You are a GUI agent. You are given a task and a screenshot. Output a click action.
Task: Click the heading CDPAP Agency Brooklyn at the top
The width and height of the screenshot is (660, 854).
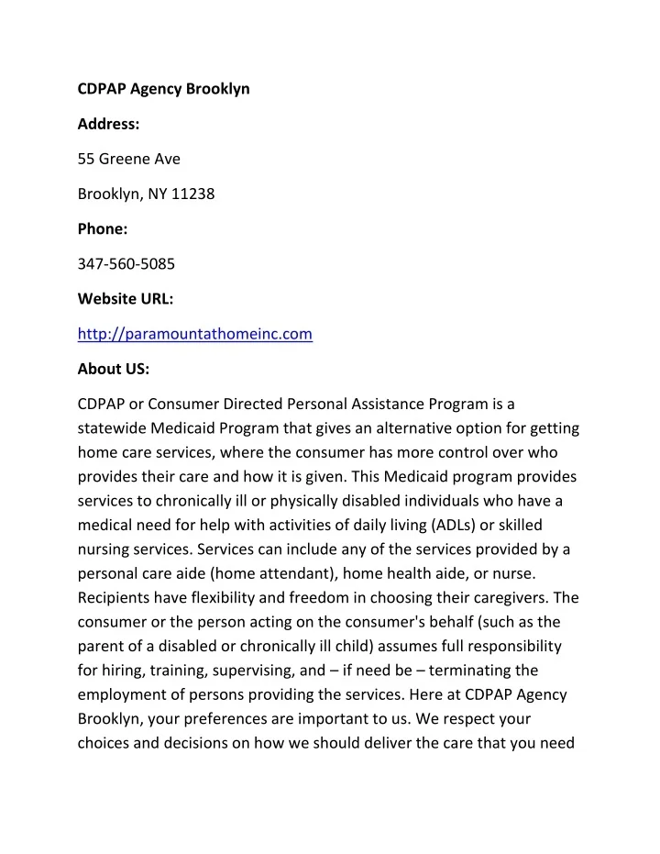click(x=163, y=89)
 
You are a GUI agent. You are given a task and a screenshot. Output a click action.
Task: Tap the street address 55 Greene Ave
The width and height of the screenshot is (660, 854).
click(x=129, y=159)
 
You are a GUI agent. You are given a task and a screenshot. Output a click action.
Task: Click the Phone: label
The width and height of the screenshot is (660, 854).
click(x=103, y=229)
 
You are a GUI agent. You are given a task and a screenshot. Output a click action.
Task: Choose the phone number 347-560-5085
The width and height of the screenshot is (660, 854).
click(x=126, y=264)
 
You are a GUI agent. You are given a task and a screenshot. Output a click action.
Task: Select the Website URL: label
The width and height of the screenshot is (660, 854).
click(x=125, y=299)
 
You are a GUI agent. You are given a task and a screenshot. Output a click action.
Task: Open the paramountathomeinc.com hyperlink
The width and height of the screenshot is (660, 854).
click(x=195, y=334)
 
